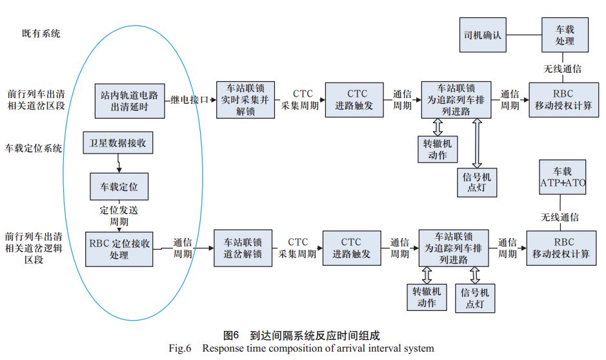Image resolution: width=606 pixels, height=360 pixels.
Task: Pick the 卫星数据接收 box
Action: pyautogui.click(x=118, y=143)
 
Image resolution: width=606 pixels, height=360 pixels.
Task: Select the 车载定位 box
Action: pyautogui.click(x=119, y=186)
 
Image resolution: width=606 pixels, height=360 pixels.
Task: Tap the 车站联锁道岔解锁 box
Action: pyautogui.click(x=243, y=248)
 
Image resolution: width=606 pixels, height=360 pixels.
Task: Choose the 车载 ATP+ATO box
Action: pyautogui.click(x=561, y=178)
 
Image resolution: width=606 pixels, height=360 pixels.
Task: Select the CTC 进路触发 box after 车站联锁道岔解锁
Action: pyautogui.click(x=352, y=248)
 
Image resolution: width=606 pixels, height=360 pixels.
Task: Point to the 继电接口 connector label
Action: pyautogui.click(x=190, y=100)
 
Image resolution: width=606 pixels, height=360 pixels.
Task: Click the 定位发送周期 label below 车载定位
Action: pyautogui.click(x=119, y=215)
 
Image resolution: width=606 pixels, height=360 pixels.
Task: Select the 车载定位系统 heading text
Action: pyautogui.click(x=34, y=148)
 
